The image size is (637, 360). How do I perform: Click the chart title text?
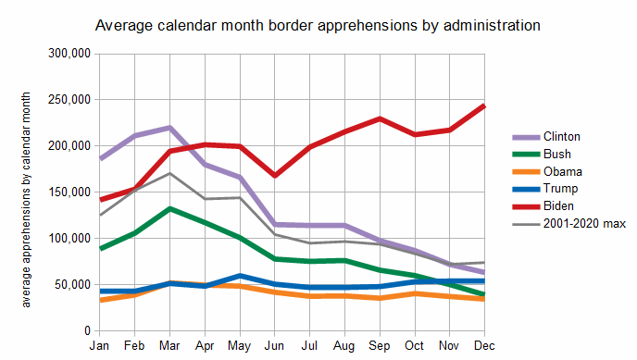point(318,26)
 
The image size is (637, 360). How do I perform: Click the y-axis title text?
point(26,200)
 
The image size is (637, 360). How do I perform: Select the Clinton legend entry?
point(546,137)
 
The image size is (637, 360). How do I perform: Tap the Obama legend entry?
point(547,172)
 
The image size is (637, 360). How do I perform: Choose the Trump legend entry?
point(544,189)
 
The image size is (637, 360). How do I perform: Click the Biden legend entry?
point(543,206)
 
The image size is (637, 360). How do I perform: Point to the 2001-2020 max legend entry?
point(568,224)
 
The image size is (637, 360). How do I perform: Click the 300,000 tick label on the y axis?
point(69,53)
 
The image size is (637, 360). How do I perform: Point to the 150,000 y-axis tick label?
point(69,192)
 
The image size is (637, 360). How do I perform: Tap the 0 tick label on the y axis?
point(87,330)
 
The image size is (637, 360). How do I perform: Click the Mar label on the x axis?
point(169,346)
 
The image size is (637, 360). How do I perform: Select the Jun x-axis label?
point(274,346)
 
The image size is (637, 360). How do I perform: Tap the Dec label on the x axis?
point(484,346)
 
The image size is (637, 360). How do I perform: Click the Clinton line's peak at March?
point(169,128)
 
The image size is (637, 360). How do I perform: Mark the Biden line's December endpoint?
point(484,106)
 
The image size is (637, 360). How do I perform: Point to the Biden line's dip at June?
point(275,175)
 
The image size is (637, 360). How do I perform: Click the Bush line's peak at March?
point(169,208)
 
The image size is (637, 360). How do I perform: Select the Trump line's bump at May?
point(240,276)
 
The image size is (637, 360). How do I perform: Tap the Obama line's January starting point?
point(100,301)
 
